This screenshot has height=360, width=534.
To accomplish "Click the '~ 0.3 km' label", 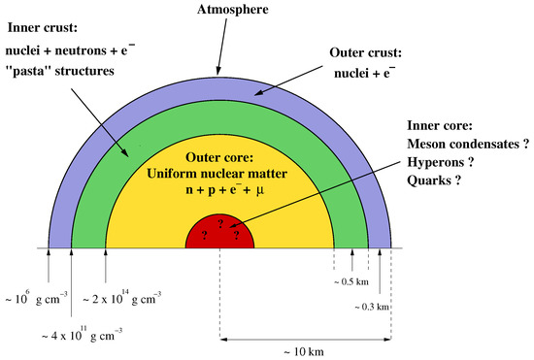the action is tap(370, 307).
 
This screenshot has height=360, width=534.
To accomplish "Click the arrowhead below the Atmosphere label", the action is tap(220, 70).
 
